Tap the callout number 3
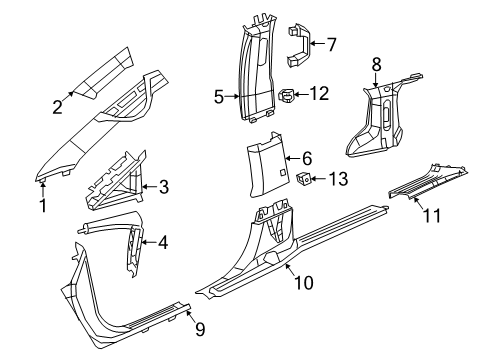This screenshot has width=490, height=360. [x=163, y=185]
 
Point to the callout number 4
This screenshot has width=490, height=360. [x=162, y=241]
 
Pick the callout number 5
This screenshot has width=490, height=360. [x=218, y=98]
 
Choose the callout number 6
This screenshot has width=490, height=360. [x=307, y=158]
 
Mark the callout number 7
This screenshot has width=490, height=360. [x=331, y=43]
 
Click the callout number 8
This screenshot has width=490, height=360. [x=376, y=67]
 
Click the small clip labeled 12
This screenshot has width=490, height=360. [x=289, y=97]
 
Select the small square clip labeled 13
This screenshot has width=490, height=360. [x=304, y=180]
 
